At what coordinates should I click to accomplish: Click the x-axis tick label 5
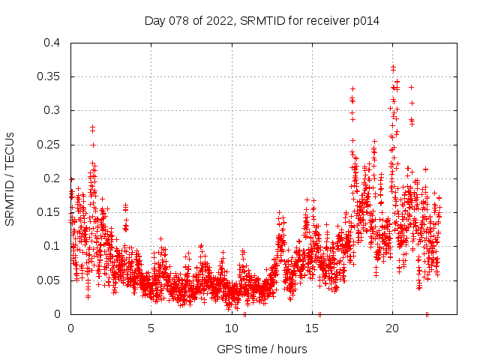[x=151, y=328]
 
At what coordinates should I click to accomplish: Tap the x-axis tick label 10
[x=231, y=328]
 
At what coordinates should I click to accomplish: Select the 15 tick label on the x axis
[x=311, y=328]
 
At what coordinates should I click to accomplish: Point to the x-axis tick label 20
[x=391, y=328]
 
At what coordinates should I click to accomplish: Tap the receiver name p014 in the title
[x=363, y=21]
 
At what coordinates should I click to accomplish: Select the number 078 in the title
[x=180, y=21]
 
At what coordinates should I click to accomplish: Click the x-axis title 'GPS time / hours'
[x=262, y=349]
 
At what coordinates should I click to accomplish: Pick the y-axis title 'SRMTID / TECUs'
[x=10, y=178]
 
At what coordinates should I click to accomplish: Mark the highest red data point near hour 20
[x=393, y=67]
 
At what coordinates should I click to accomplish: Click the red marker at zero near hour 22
[x=427, y=314]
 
